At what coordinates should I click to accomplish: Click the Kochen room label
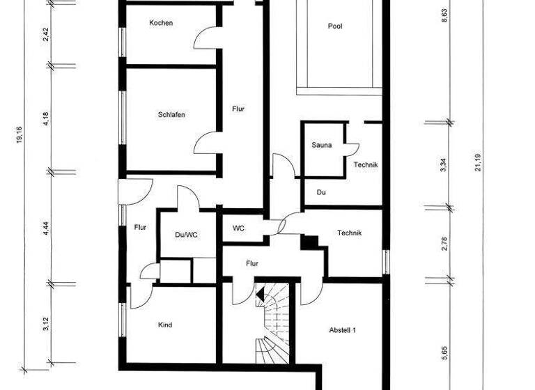161,23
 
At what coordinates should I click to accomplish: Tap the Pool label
336,26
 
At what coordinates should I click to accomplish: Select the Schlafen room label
171,115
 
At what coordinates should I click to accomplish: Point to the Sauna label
322,146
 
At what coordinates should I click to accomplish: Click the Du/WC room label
186,235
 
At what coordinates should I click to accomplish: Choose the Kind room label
165,325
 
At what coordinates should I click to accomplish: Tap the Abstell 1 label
342,330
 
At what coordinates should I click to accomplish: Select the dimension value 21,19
478,160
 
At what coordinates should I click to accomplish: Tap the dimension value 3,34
444,165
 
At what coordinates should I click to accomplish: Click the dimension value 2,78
444,243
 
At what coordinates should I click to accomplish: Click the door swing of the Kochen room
207,38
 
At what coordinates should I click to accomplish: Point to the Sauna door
352,148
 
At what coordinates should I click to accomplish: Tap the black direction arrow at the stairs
261,296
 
